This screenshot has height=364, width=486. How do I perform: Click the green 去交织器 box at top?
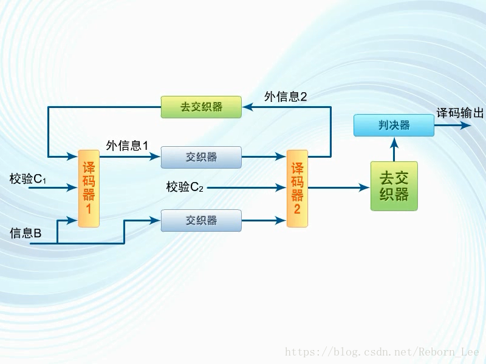201,107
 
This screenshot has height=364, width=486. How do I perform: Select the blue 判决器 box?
394,126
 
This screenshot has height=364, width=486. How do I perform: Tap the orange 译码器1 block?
88,188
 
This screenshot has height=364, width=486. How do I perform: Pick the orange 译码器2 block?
297,188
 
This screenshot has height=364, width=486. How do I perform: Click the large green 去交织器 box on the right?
394,186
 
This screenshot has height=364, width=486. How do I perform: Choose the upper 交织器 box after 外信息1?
201,157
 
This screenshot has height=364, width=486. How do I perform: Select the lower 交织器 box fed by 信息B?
201,220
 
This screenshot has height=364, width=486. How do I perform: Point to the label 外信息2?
286,96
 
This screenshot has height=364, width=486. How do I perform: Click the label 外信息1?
127,146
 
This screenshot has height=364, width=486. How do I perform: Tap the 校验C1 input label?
28,179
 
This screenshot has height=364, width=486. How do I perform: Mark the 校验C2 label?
185,187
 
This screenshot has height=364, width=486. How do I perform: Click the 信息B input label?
26,233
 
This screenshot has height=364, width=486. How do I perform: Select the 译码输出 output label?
460,113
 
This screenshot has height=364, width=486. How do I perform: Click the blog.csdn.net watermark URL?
382,352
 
